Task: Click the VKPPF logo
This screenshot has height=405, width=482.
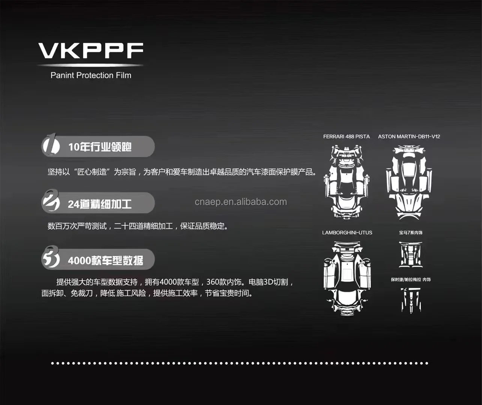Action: (x=91, y=51)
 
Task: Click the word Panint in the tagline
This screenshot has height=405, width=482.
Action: (x=62, y=75)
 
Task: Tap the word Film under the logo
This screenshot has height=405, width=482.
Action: (x=124, y=75)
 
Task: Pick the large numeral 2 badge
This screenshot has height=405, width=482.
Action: (x=51, y=201)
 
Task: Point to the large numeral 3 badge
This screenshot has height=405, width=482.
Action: (x=51, y=258)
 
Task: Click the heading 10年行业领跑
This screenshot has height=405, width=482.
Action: (x=100, y=147)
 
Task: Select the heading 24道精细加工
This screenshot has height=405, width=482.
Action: (x=100, y=204)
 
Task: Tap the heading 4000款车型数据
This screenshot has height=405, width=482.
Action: (x=105, y=260)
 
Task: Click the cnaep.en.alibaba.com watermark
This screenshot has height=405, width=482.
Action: (x=241, y=202)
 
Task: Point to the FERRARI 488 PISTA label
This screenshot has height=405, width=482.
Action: (x=346, y=136)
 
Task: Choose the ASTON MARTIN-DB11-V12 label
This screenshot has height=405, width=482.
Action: (x=409, y=136)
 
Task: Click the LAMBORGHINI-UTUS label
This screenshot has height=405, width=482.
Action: (x=347, y=232)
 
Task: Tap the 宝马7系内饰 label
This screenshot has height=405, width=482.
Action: (x=411, y=232)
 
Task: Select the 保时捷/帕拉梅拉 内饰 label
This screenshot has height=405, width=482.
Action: (x=411, y=279)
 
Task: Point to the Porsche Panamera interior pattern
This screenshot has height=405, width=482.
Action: (x=411, y=300)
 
